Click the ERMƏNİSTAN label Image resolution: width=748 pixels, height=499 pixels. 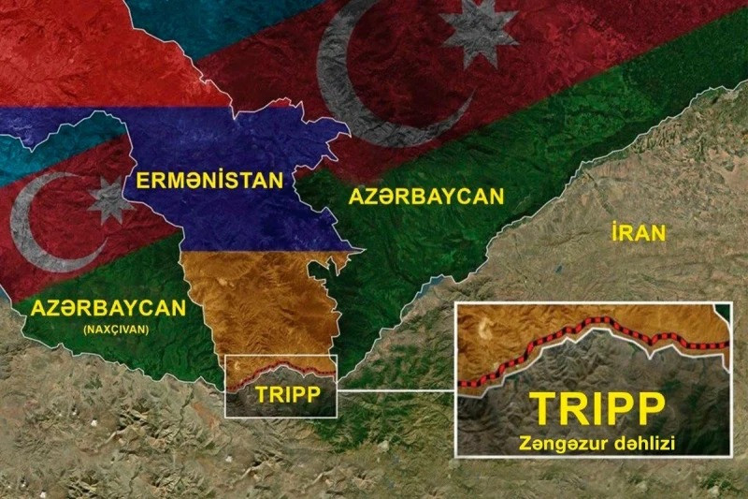coord(209,179)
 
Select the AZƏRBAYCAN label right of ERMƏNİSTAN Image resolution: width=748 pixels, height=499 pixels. coord(425,197)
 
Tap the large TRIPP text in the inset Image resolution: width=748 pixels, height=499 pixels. coord(597,407)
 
